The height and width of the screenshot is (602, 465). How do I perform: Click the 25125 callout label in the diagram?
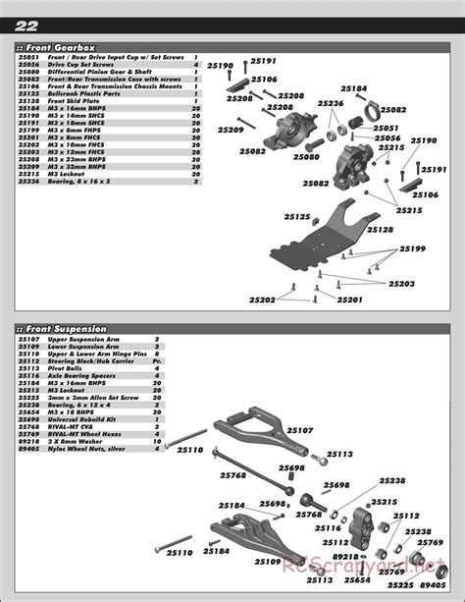(x=297, y=217)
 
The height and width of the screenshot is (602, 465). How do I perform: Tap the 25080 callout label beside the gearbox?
(x=305, y=157)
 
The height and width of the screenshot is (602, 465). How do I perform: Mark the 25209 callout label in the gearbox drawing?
(x=231, y=130)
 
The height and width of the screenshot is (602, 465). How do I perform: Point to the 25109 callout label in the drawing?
(x=267, y=562)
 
